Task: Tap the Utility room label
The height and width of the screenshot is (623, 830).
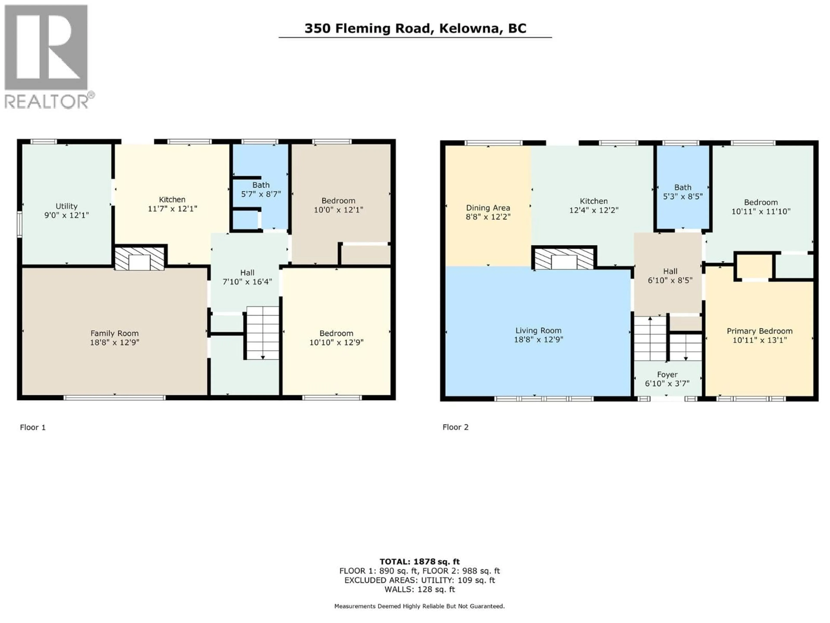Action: tap(66, 206)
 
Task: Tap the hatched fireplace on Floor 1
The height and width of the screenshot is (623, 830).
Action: tap(140, 258)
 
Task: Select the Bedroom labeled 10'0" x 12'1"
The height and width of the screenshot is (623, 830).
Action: tap(338, 205)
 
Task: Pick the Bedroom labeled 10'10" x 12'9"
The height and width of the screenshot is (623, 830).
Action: tap(336, 338)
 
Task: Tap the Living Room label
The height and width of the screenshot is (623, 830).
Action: tap(538, 331)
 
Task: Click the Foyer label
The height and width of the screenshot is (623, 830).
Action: tap(667, 374)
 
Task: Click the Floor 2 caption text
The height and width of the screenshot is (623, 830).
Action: tap(455, 427)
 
